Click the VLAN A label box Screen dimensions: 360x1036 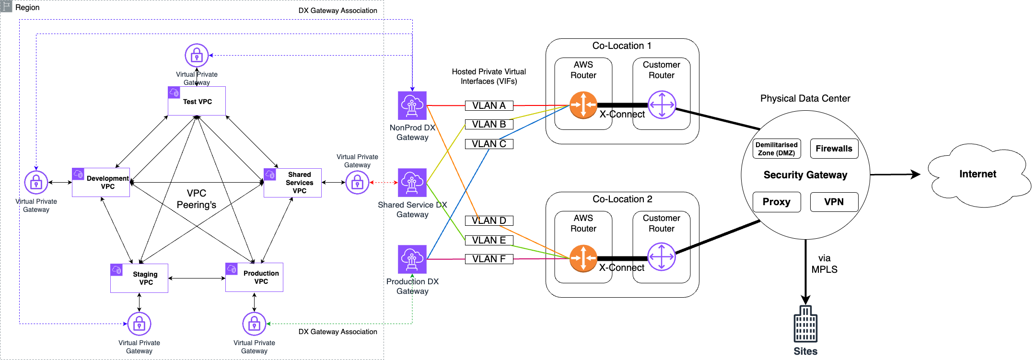tap(489, 105)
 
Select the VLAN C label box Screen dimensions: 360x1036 tap(489, 144)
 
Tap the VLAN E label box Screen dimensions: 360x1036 tap(489, 240)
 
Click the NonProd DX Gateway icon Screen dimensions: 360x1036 tap(412, 105)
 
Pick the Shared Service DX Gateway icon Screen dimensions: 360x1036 tap(412, 183)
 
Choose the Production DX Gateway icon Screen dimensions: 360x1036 tap(412, 259)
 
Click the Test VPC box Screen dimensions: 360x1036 tap(197, 101)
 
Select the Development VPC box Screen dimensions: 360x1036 tap(101, 182)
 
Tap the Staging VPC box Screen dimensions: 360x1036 tap(139, 278)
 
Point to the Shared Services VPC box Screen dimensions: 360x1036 tap(292, 183)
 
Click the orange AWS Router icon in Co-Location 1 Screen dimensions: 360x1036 tap(583, 105)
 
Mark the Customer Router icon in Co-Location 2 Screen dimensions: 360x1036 tap(661, 257)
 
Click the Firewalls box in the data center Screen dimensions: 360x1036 tap(834, 149)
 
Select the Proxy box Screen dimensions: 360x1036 tap(776, 202)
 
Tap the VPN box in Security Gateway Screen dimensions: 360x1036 tap(834, 202)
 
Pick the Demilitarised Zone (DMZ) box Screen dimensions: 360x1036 tap(776, 149)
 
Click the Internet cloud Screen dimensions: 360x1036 tap(978, 174)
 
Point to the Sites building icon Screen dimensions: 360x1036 tap(805, 324)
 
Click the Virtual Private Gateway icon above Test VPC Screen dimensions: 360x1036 tap(197, 56)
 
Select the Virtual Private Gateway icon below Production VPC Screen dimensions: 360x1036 tap(254, 324)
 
